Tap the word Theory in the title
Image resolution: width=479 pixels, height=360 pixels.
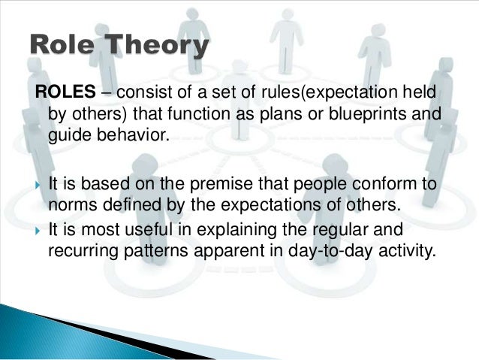(157, 47)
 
